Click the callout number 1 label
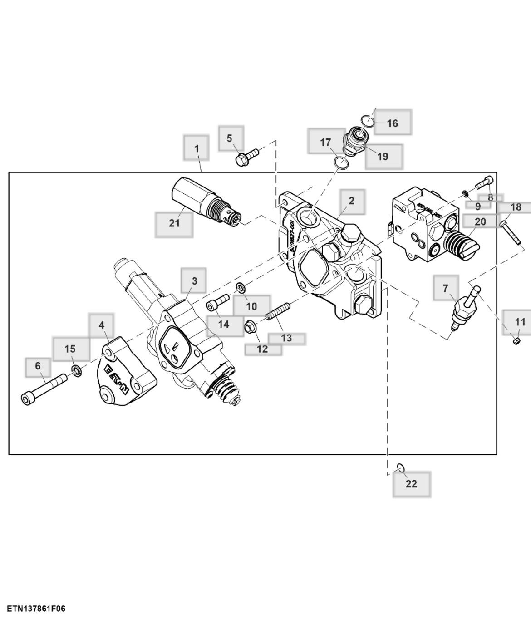(x=196, y=148)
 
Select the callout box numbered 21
(x=174, y=223)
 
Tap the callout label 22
(x=411, y=484)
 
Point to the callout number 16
(x=393, y=123)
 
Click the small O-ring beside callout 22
(x=400, y=467)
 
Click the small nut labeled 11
(x=516, y=340)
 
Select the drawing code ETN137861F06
(x=36, y=608)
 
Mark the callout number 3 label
(x=194, y=280)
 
